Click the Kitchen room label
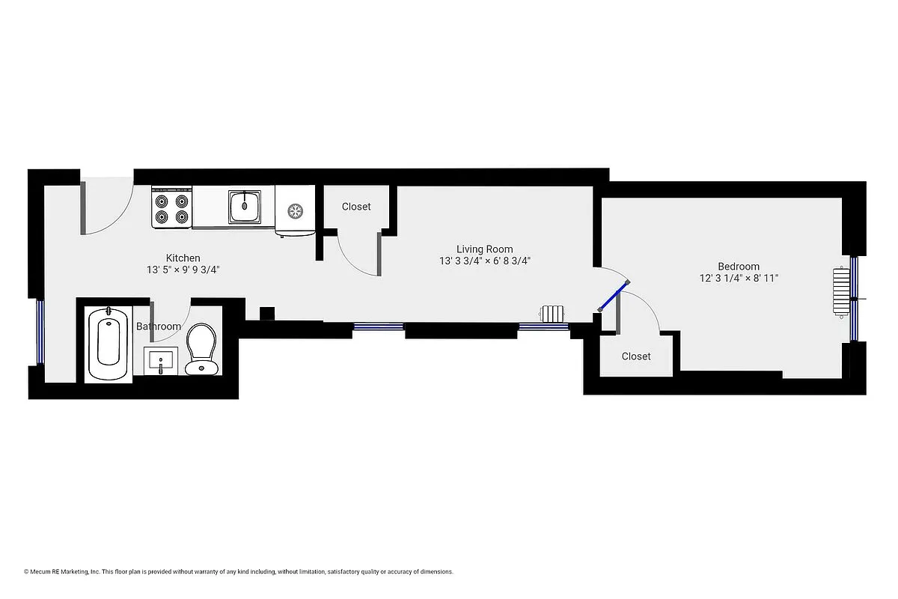tap(183, 258)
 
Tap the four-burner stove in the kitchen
tap(171, 208)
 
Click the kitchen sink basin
tap(245, 206)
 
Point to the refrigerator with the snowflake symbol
tap(295, 211)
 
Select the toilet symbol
tap(201, 348)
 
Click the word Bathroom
tap(158, 326)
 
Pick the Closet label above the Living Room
tap(355, 207)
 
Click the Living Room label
tap(485, 249)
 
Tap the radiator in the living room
tap(555, 314)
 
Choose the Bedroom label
tap(738, 267)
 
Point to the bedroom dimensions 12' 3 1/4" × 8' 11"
tap(738, 278)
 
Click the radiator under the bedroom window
tap(843, 294)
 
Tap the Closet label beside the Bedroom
tap(636, 356)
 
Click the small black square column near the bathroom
tap(265, 314)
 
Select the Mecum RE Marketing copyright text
tap(238, 571)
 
